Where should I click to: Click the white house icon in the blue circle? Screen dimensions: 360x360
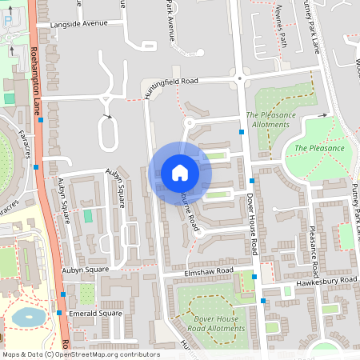[180, 173]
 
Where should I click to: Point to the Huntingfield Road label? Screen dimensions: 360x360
[170, 81]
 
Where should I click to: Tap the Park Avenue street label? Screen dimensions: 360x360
[169, 19]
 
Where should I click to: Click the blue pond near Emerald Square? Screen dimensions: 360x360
[28, 317]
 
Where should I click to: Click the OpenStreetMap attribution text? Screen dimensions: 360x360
[81, 354]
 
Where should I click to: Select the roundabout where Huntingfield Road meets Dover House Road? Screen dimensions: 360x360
[238, 78]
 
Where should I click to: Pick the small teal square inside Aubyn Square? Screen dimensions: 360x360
[88, 216]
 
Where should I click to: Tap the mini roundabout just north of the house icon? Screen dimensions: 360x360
[190, 122]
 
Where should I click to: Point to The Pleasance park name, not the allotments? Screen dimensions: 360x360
[319, 148]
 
